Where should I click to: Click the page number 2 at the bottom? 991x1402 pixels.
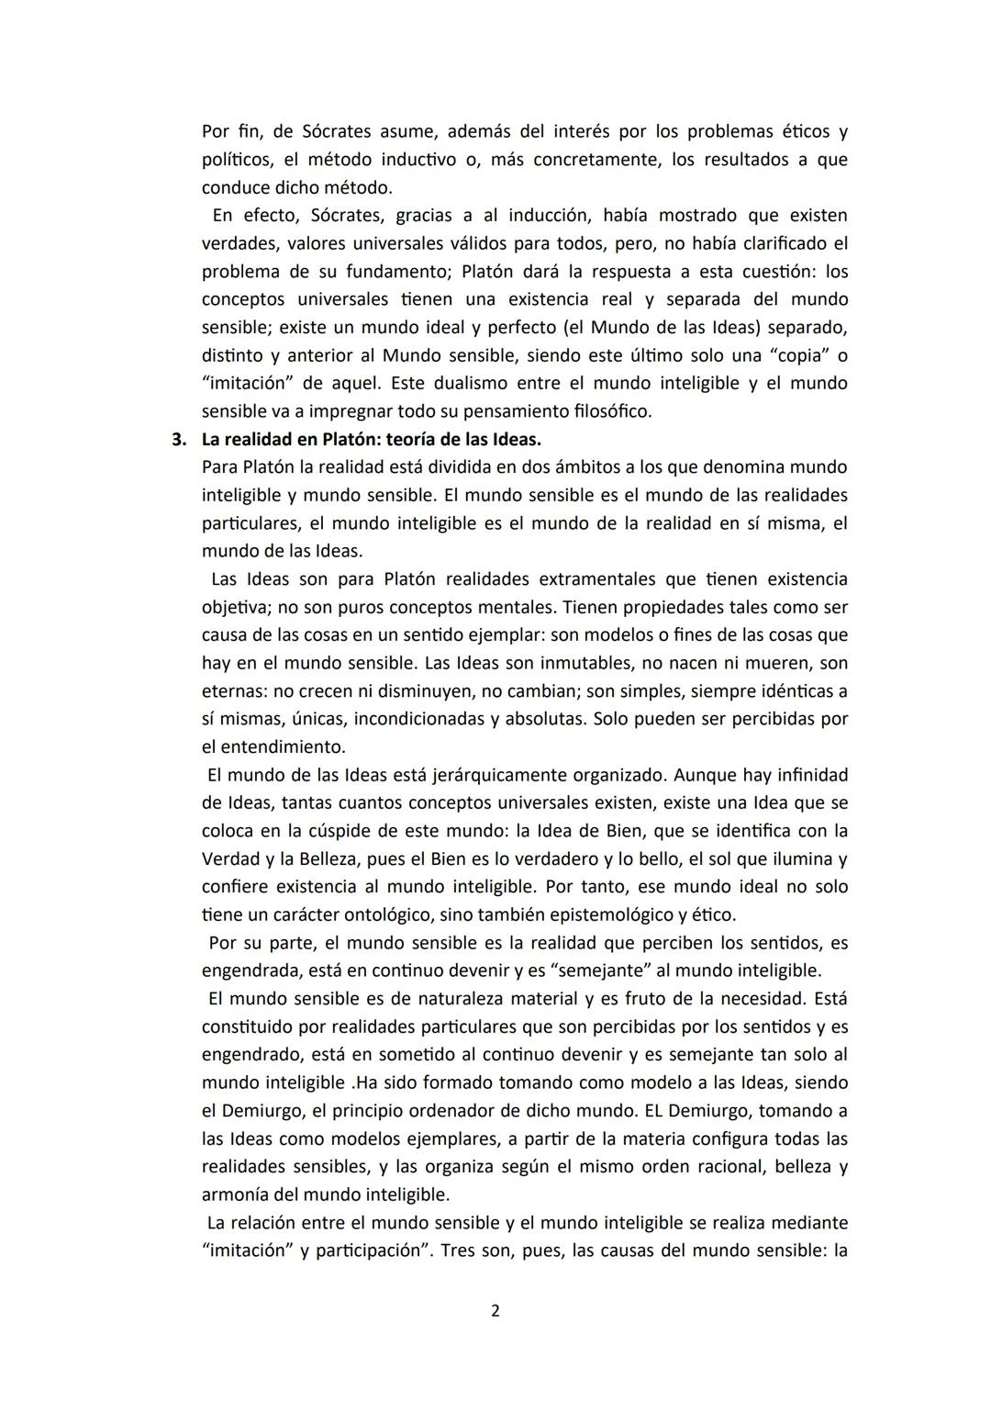pyautogui.click(x=495, y=1310)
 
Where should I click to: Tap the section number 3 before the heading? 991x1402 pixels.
pyautogui.click(x=179, y=439)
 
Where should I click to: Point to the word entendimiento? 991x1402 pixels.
pyautogui.click(x=283, y=746)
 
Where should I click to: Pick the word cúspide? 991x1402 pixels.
pyautogui.click(x=369, y=831)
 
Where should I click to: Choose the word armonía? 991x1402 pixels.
pyautogui.click(x=236, y=1195)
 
